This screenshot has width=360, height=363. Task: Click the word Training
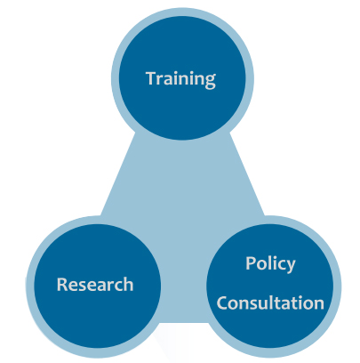(x=180, y=79)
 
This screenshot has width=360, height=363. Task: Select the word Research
(x=95, y=284)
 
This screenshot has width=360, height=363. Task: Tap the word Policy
(x=270, y=263)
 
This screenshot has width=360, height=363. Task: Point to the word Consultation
(x=270, y=302)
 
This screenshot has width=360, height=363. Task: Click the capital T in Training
(x=152, y=78)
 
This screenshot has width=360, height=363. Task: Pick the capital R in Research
(x=62, y=284)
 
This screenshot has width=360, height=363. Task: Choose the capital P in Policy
(x=251, y=262)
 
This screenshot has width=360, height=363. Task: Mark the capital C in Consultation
(x=222, y=302)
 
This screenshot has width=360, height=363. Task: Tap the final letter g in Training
(x=210, y=82)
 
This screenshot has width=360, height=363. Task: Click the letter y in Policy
(x=290, y=266)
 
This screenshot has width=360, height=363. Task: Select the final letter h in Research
(x=128, y=284)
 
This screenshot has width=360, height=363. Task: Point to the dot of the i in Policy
(x=274, y=257)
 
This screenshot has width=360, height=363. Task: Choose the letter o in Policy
(x=262, y=265)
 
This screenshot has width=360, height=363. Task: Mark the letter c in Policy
(x=280, y=265)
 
